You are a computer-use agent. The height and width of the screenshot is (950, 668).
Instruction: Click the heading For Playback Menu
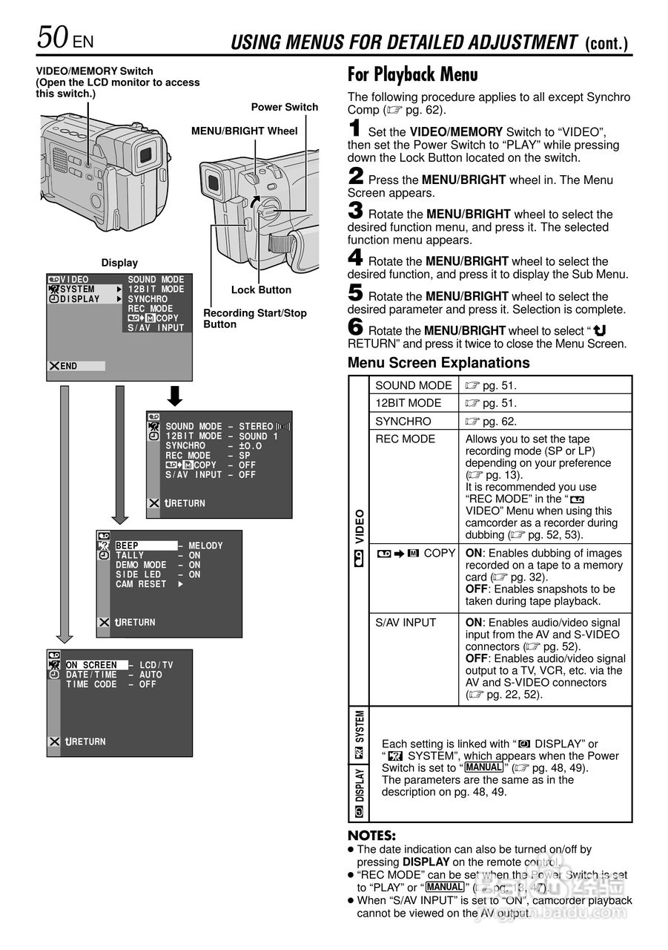tap(413, 75)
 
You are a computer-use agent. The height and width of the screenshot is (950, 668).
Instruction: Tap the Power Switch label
tap(284, 107)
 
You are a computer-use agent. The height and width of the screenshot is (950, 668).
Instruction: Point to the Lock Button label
tap(261, 290)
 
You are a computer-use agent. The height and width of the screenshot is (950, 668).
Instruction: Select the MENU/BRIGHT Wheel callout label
tap(244, 131)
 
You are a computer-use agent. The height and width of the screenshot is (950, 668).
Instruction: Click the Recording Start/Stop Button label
tap(254, 318)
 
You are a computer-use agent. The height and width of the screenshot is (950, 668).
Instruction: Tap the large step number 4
tap(356, 258)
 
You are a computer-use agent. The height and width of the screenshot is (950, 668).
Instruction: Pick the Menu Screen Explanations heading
tap(439, 363)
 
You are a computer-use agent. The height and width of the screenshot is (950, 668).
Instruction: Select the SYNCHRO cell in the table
tap(403, 421)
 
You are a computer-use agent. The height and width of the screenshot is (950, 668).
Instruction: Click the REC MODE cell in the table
tap(406, 439)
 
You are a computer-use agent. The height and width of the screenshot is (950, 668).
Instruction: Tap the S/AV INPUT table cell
tap(406, 623)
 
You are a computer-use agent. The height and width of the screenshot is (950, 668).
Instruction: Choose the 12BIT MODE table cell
tap(408, 403)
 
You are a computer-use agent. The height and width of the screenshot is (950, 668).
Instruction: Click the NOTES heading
tap(371, 836)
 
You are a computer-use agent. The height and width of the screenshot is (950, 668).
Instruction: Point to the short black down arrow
tap(175, 396)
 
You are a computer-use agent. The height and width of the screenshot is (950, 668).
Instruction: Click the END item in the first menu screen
tap(69, 366)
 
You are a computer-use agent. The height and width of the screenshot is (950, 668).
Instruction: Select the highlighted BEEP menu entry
tap(128, 546)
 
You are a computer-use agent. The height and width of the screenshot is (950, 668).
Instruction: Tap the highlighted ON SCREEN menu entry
tap(91, 665)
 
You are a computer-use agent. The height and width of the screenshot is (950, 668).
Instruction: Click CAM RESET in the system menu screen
tap(141, 584)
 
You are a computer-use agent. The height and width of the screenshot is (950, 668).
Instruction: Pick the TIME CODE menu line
tap(91, 684)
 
